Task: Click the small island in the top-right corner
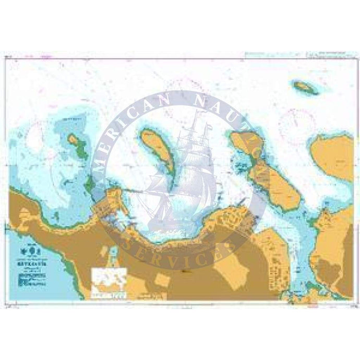click(306, 87)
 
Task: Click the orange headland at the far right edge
click(334, 156)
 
